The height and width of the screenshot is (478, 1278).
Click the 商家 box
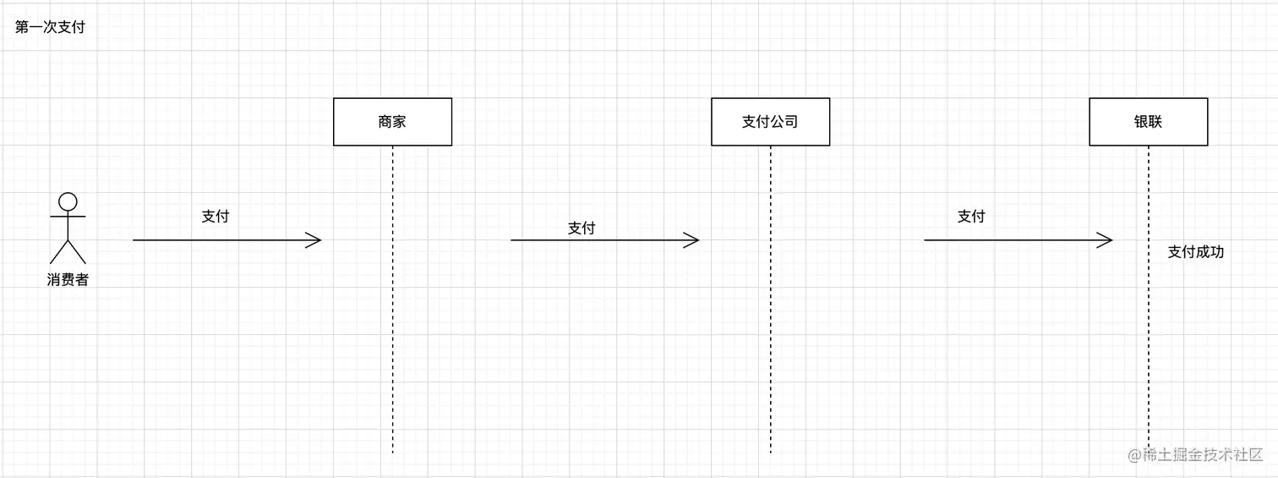(392, 122)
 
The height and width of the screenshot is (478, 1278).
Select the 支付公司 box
(770, 122)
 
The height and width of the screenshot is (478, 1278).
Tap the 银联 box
(1148, 122)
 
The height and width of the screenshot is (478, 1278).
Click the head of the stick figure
(68, 201)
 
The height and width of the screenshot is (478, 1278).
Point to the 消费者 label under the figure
(68, 280)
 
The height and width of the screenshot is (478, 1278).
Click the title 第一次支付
(50, 27)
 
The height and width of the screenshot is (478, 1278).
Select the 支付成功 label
(1195, 252)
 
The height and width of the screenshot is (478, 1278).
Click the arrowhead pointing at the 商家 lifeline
(314, 240)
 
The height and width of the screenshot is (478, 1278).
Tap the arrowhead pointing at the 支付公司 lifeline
(692, 240)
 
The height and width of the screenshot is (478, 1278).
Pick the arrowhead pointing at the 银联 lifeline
(1106, 240)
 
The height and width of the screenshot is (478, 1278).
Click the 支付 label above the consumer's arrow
(216, 217)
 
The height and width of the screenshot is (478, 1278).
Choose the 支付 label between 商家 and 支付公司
(582, 228)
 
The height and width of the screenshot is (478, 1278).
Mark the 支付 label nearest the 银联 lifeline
(971, 217)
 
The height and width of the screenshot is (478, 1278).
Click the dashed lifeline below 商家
(393, 338)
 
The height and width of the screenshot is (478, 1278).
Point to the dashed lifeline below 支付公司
(771, 338)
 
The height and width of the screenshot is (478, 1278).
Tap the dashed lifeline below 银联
(1149, 355)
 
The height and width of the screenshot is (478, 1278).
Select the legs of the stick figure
(68, 251)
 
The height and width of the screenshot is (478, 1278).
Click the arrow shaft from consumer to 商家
(220, 240)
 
